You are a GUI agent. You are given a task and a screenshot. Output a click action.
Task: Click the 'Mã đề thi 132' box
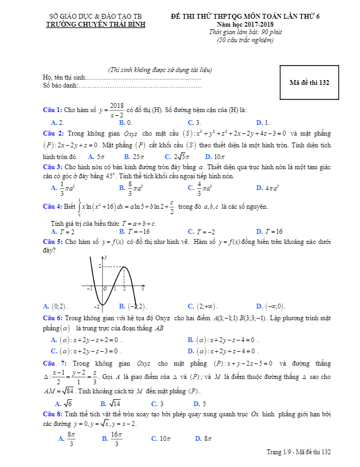point(309,83)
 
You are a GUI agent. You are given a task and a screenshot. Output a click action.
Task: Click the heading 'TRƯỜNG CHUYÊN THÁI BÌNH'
point(96,25)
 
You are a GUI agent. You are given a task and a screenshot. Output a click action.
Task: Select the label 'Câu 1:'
point(52,110)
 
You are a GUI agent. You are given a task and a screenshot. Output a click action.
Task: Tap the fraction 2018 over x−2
point(117,110)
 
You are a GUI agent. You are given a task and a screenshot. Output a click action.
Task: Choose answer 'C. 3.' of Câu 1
point(194,122)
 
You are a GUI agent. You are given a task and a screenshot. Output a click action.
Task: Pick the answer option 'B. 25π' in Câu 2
point(134,157)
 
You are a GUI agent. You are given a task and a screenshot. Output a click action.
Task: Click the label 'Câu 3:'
point(53,167)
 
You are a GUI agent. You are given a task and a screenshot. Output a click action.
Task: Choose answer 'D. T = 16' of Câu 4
point(269,232)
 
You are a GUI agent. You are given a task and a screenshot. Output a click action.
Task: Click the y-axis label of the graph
point(106,258)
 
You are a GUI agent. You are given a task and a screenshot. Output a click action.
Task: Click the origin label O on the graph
point(105,289)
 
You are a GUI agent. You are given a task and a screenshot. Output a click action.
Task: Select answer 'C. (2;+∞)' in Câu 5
point(204,306)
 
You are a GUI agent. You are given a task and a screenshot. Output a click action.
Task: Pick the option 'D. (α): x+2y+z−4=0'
point(223,351)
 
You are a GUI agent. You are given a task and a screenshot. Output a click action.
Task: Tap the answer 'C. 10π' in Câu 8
point(160,439)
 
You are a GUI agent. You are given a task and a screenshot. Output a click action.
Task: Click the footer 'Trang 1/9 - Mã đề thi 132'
point(299,452)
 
